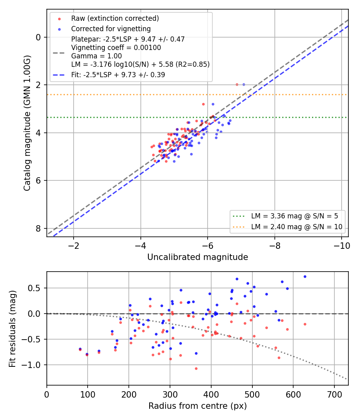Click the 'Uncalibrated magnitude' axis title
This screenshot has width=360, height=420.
pos(198,257)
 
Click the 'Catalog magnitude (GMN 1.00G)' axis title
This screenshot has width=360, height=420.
pos(27,123)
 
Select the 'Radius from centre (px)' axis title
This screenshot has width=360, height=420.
pos(198,406)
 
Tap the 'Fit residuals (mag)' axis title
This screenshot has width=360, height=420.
pos(12,329)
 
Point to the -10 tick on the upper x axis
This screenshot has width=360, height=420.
pos(342,246)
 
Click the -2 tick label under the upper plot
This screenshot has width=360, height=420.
pos(74,246)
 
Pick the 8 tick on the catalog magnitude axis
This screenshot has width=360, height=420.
pos(38,228)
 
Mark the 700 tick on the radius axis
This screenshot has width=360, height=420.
pos(334,394)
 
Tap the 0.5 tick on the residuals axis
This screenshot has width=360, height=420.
pos(34,288)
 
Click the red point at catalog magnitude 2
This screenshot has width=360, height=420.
pos(237,85)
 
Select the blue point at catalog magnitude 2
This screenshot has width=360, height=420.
pos(244,85)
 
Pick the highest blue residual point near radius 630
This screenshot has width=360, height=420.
pos(305,277)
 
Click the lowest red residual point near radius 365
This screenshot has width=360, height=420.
pos(196,368)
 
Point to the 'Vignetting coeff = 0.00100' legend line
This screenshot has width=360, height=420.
pos(116,48)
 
